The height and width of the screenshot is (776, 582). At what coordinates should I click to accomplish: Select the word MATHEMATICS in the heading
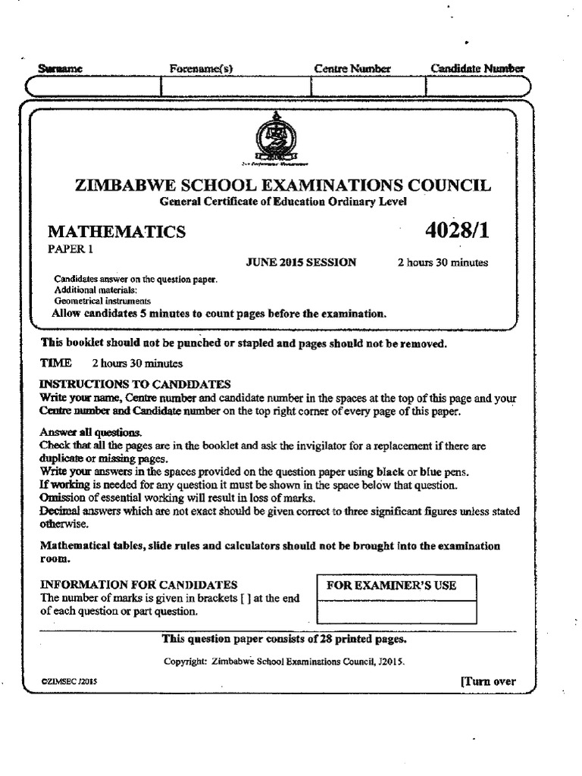click(x=117, y=231)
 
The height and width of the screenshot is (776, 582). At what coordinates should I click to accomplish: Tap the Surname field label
click(x=60, y=69)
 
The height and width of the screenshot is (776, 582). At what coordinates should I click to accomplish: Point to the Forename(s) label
click(x=201, y=69)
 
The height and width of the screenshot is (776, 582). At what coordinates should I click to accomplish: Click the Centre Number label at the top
click(x=352, y=69)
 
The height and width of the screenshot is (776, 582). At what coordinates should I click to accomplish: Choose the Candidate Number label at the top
click(x=477, y=69)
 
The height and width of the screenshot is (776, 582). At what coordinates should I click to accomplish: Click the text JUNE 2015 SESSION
click(x=301, y=263)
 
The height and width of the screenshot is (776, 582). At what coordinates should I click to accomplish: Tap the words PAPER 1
click(x=69, y=249)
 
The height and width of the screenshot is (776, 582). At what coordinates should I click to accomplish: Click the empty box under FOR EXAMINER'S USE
click(x=396, y=611)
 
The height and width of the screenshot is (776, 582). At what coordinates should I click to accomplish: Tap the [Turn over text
click(x=488, y=681)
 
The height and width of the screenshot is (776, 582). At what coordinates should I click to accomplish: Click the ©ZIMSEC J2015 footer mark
click(x=69, y=682)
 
